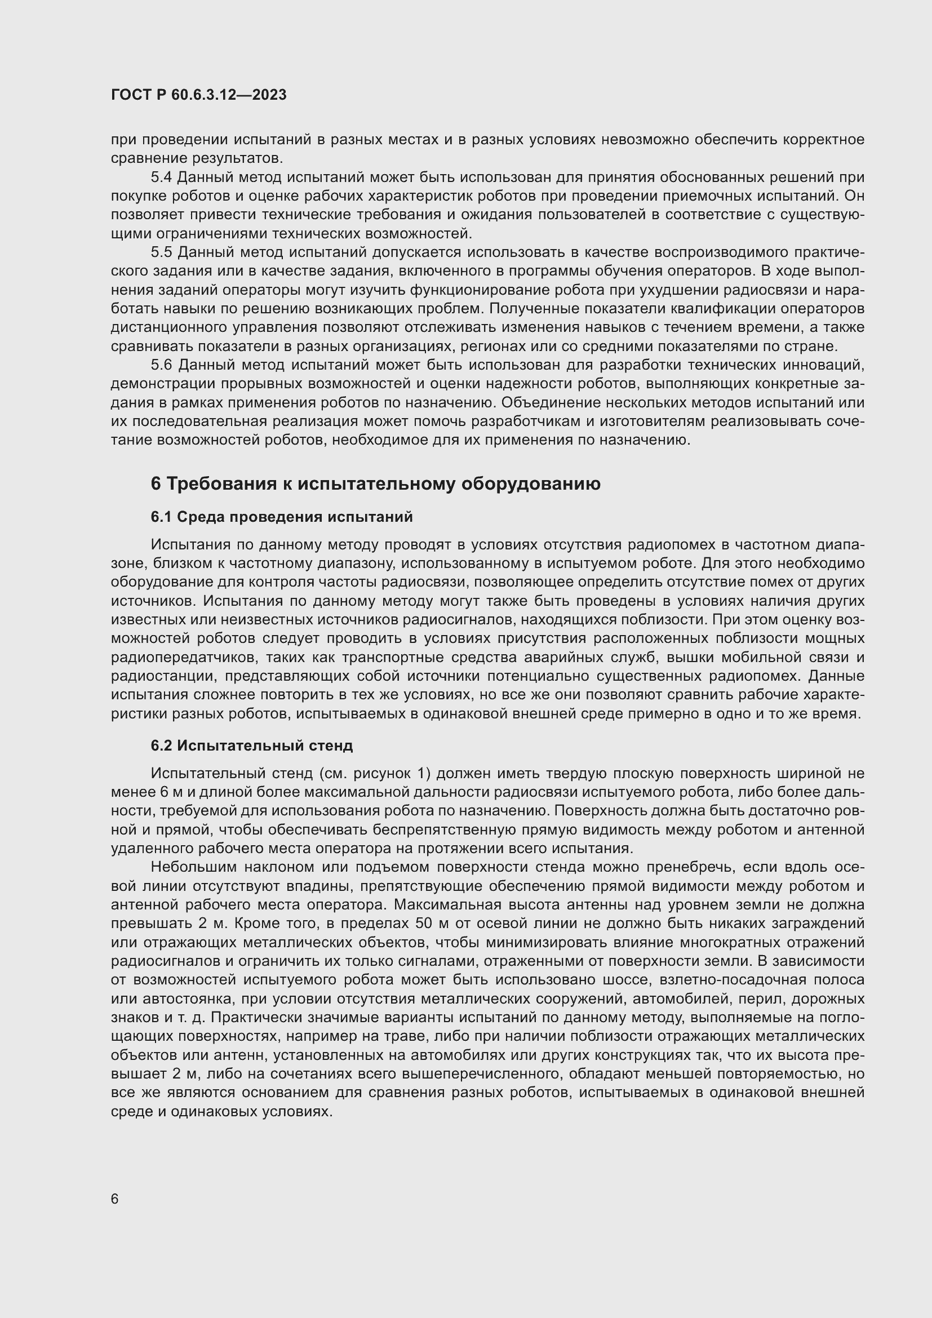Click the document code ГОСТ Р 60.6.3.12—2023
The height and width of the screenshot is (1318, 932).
[x=198, y=95]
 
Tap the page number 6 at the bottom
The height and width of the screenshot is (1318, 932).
[x=115, y=1199]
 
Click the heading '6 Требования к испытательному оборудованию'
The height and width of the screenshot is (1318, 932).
[x=375, y=484]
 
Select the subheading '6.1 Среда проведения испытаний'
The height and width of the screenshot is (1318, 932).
[x=281, y=517]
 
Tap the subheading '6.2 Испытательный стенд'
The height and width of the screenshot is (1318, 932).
[x=251, y=745]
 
